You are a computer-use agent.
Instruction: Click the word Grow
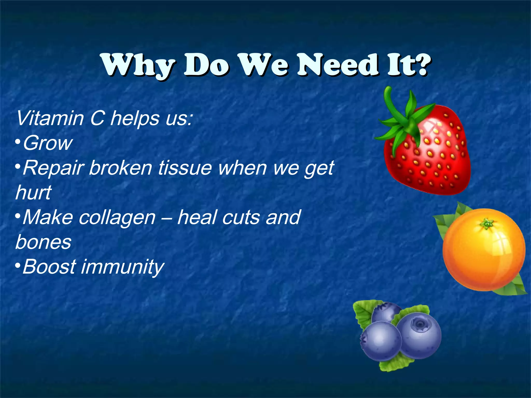click(48, 143)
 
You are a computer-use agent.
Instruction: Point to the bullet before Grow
click(17, 142)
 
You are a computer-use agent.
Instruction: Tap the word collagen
click(117, 217)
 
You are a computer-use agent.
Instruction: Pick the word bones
click(43, 242)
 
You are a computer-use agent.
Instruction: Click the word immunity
click(122, 267)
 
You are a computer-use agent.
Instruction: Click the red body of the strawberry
click(436, 161)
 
